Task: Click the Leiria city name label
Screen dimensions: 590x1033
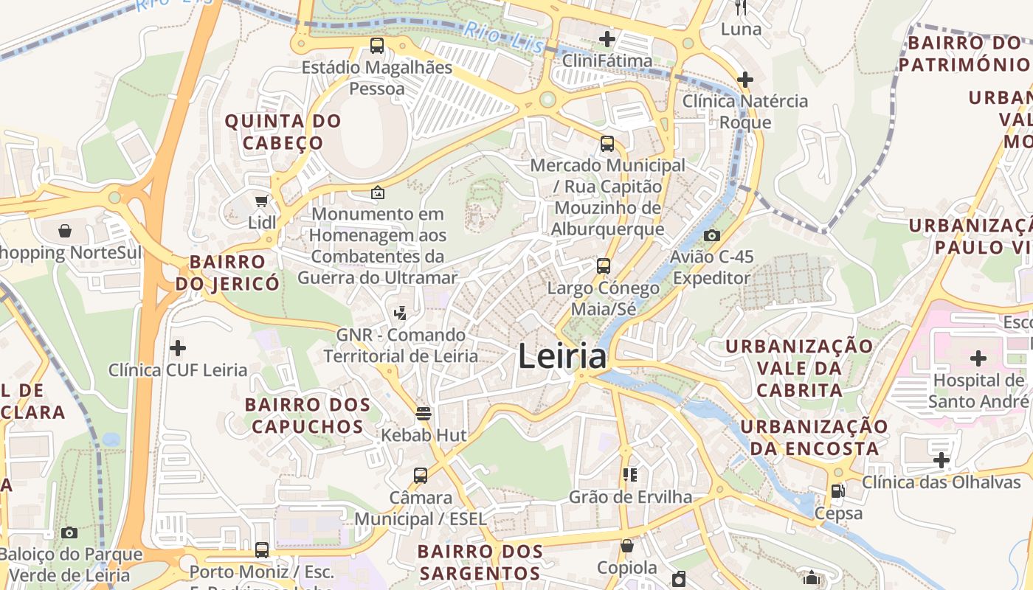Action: click(x=562, y=357)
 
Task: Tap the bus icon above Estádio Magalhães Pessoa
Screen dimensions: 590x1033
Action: click(x=377, y=46)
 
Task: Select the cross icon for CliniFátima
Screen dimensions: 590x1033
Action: click(x=607, y=38)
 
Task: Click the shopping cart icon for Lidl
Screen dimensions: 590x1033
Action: click(x=261, y=201)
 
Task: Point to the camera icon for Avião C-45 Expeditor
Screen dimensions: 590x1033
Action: click(x=712, y=235)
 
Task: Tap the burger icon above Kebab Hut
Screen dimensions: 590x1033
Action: click(x=424, y=413)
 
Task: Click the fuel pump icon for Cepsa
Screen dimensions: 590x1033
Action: click(x=837, y=490)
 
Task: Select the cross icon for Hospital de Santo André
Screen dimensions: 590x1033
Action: click(x=978, y=358)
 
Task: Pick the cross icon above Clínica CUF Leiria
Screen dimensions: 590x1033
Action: click(x=178, y=347)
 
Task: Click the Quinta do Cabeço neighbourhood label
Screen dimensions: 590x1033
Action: click(x=283, y=132)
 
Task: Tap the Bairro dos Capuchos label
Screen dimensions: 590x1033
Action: click(x=308, y=415)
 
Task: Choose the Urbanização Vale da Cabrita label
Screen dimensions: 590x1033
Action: click(x=800, y=368)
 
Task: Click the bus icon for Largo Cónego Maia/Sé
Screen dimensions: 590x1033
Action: click(x=604, y=265)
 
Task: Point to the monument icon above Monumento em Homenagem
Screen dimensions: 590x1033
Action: click(x=378, y=192)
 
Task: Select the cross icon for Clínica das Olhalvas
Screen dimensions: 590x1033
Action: click(x=942, y=461)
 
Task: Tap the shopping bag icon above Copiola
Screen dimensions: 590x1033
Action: click(x=627, y=546)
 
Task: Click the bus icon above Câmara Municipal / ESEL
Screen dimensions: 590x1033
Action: click(x=421, y=475)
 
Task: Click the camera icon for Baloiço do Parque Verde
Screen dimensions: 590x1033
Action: click(x=69, y=532)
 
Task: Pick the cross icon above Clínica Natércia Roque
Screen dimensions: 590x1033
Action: click(x=745, y=79)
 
